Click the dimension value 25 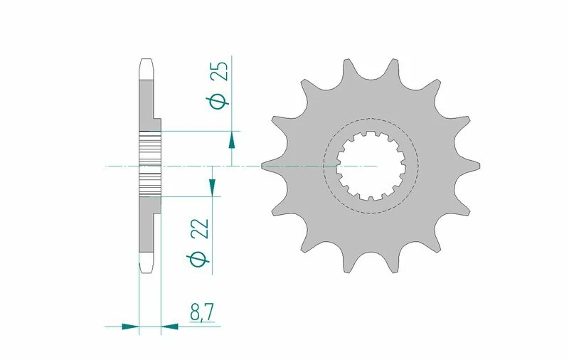tap(221, 73)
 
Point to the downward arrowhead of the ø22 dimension tap(211, 187)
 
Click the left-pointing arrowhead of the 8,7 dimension tap(171, 327)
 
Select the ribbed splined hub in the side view tap(150, 164)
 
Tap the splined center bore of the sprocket tap(371, 166)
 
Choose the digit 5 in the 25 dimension tap(221, 68)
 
